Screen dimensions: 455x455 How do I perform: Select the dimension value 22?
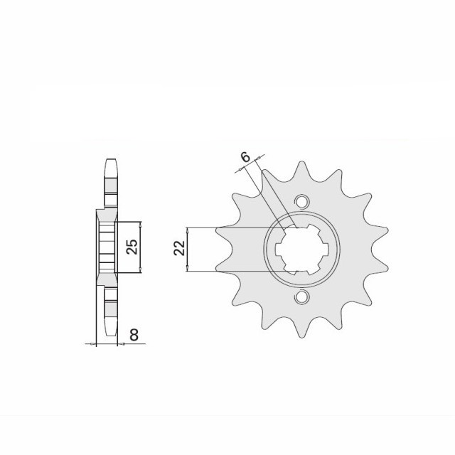click(179, 249)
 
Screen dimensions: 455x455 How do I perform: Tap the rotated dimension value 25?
click(132, 247)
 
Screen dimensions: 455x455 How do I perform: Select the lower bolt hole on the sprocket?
click(302, 296)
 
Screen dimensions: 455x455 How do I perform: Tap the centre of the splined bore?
click(302, 248)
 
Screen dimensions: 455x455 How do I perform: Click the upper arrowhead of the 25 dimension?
click(141, 225)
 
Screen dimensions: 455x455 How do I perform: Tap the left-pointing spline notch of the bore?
click(279, 248)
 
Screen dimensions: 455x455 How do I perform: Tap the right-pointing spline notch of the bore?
click(326, 248)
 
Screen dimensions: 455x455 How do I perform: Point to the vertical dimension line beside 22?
click(188, 249)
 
